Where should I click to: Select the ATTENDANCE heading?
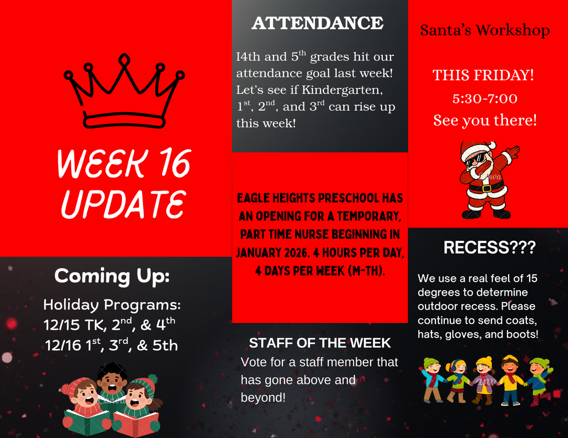[317, 23]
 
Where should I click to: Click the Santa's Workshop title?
[485, 30]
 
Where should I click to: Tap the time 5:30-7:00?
[485, 99]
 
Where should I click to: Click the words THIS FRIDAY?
[483, 75]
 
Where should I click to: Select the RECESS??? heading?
[489, 248]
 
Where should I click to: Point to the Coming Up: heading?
[111, 275]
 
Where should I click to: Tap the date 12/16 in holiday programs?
[63, 346]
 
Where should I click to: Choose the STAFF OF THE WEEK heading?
[319, 343]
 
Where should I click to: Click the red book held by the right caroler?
[136, 423]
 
